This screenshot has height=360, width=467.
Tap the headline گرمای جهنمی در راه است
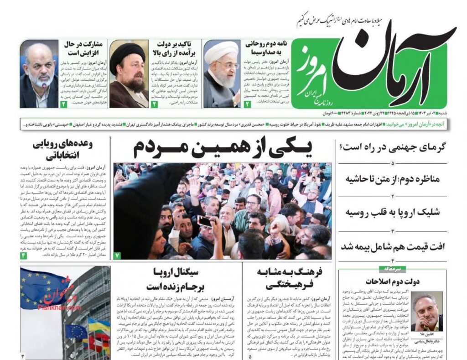393,147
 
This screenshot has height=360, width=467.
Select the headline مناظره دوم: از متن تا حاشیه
393,179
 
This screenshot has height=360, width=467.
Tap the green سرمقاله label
393,269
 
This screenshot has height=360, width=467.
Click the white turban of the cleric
221,52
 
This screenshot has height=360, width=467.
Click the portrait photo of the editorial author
426,311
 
